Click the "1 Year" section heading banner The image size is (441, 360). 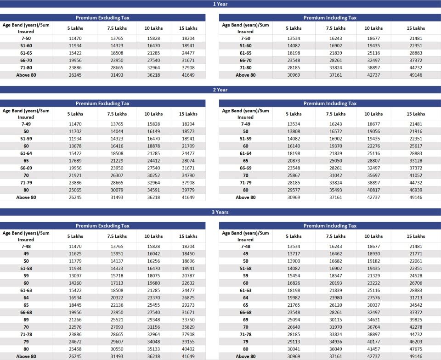pyautogui.click(x=220, y=4)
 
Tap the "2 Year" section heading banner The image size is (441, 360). pyautogui.click(x=220, y=90)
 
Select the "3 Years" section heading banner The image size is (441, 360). pyautogui.click(x=220, y=212)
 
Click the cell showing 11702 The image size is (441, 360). pyautogui.click(x=75, y=131)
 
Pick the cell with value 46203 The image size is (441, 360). pyautogui.click(x=415, y=342)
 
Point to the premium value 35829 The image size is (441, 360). pyautogui.click(x=188, y=327)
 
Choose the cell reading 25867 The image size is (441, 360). pyautogui.click(x=294, y=175)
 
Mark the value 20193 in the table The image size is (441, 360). pyautogui.click(x=335, y=283)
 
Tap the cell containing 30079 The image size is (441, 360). pyautogui.click(x=117, y=190)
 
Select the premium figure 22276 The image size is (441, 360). pyautogui.click(x=373, y=146)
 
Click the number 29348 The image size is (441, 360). pyautogui.click(x=153, y=320)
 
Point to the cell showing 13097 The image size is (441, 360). pyautogui.click(x=75, y=276)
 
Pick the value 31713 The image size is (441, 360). pyautogui.click(x=415, y=298)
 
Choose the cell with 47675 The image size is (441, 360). pyautogui.click(x=415, y=349)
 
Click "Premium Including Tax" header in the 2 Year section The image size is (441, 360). pyautogui.click(x=330, y=103)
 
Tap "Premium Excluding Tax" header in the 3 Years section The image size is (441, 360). pyautogui.click(x=102, y=226)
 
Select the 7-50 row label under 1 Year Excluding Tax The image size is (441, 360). pyautogui.click(x=26, y=39)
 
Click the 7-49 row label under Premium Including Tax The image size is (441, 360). pyautogui.click(x=245, y=124)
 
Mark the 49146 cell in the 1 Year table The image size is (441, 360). pyautogui.click(x=415, y=75)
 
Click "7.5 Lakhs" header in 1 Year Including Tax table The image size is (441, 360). pyautogui.click(x=335, y=28)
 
